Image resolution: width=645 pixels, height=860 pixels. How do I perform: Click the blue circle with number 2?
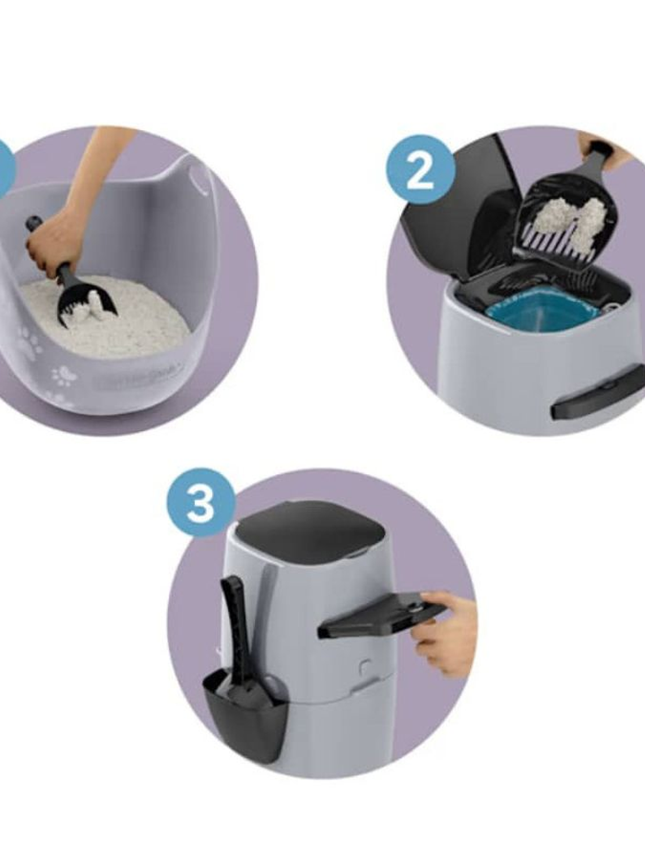420,169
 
